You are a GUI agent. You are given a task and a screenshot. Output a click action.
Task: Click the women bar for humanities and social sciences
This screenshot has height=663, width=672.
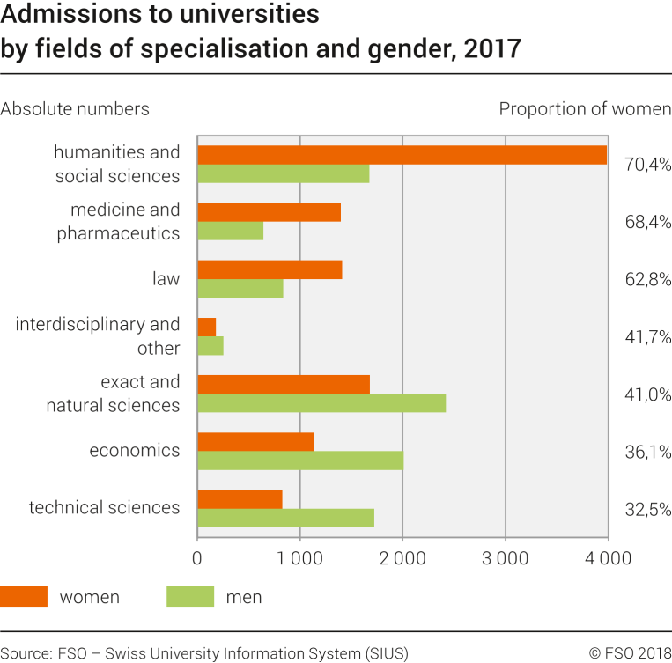[x=402, y=155]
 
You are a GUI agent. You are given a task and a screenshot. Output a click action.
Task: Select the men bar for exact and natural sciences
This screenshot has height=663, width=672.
[x=321, y=403]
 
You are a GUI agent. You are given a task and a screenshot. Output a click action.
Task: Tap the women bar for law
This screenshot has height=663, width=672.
[x=270, y=269]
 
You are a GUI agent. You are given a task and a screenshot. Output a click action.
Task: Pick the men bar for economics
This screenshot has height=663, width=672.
[x=300, y=460]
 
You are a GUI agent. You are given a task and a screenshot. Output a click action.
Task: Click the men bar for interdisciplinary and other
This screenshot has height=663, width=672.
[x=210, y=346]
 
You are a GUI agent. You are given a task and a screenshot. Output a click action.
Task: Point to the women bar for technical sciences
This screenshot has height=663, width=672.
[x=240, y=499]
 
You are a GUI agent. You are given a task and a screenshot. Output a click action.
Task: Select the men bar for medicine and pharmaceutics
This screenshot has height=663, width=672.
[x=230, y=231]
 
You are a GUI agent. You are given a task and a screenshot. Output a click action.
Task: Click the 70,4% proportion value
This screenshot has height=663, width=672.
[x=647, y=164]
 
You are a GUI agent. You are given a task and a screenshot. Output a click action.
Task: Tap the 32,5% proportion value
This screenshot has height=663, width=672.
[x=647, y=508]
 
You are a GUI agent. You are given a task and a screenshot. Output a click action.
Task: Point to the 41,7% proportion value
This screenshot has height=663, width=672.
[x=647, y=336]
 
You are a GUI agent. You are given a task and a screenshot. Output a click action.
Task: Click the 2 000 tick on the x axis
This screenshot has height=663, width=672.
[x=402, y=558]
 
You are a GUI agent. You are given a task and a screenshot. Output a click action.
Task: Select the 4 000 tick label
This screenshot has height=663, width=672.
[x=606, y=558]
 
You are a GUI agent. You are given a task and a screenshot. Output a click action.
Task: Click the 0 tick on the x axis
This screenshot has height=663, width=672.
[x=198, y=558]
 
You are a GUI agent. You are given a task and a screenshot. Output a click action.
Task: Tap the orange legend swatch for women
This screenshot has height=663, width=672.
[x=24, y=597]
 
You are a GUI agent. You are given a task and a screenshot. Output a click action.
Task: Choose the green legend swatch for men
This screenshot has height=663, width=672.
[x=189, y=597]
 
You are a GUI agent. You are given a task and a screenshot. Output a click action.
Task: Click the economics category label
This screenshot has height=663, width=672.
[x=134, y=451]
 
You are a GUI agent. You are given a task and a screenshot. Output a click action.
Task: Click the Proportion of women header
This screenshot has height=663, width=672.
[x=585, y=109]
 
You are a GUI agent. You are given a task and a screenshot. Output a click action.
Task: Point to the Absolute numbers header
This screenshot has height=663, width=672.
[x=75, y=109]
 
